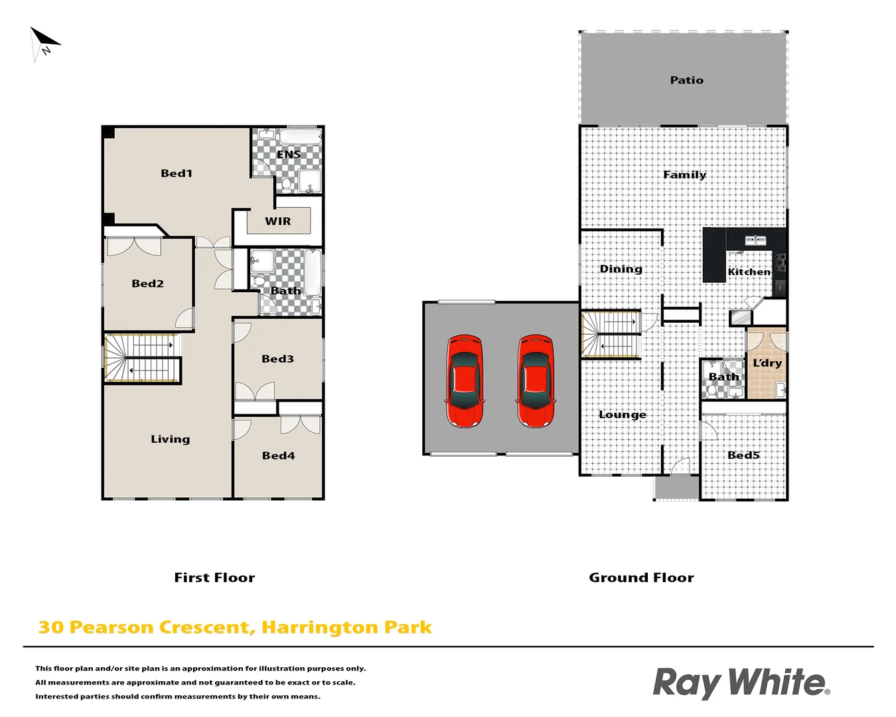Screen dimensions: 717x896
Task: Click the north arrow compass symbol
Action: point(44,43)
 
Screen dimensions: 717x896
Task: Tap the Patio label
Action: point(686,80)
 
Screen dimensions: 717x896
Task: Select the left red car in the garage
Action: point(465,381)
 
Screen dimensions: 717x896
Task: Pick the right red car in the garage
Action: point(536,381)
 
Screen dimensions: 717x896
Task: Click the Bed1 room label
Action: point(177,173)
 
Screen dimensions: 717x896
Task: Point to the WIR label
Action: point(277,222)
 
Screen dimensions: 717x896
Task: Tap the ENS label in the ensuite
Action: point(289,155)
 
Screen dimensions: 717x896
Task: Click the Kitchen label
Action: point(749,272)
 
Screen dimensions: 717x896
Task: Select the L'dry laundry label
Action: point(767,363)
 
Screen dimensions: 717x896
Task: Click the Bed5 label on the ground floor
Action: point(743,455)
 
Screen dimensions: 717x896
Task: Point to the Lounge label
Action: point(623,415)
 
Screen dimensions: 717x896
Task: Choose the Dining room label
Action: point(621,269)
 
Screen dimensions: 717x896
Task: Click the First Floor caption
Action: point(214,578)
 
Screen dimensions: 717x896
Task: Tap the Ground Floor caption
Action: point(641,578)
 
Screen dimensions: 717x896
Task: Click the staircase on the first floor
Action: point(143,358)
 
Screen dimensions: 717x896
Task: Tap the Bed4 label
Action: point(278,455)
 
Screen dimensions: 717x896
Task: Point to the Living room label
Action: point(170,439)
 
